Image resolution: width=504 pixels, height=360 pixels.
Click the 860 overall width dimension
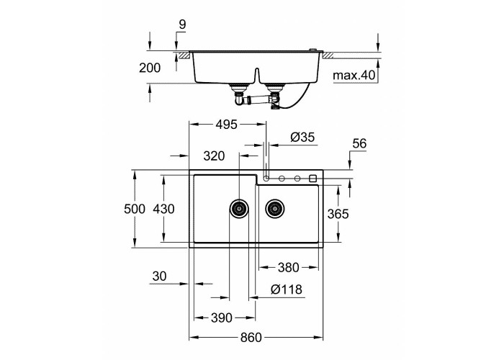click(x=251, y=338)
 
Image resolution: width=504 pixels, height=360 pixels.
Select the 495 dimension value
click(x=226, y=125)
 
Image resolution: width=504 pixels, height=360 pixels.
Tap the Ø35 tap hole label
click(x=302, y=138)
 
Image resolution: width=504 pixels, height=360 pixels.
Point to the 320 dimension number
click(x=214, y=156)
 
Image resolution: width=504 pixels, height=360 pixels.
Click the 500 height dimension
click(x=135, y=209)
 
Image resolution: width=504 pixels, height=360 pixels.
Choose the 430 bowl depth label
click(x=163, y=209)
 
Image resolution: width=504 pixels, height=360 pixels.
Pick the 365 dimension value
click(x=338, y=214)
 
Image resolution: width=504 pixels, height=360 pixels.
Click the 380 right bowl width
click(x=288, y=267)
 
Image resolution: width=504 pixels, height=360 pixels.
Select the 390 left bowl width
click(x=222, y=318)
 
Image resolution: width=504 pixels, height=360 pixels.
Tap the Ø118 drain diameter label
click(x=287, y=289)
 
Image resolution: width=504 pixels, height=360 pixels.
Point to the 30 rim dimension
click(x=159, y=276)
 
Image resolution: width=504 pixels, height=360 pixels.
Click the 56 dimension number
click(x=359, y=143)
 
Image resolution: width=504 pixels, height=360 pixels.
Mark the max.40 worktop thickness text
click(x=354, y=75)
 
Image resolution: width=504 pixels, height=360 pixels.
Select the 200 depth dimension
click(x=150, y=68)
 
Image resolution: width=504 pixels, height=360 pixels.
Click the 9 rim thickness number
click(x=182, y=24)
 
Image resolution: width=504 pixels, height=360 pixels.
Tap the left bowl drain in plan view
click(x=239, y=208)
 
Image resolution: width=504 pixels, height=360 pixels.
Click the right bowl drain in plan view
click(x=275, y=208)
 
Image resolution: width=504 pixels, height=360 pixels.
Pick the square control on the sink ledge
click(x=312, y=179)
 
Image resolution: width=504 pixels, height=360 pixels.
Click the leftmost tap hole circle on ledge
click(x=266, y=179)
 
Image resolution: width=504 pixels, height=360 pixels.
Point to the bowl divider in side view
click(x=256, y=76)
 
